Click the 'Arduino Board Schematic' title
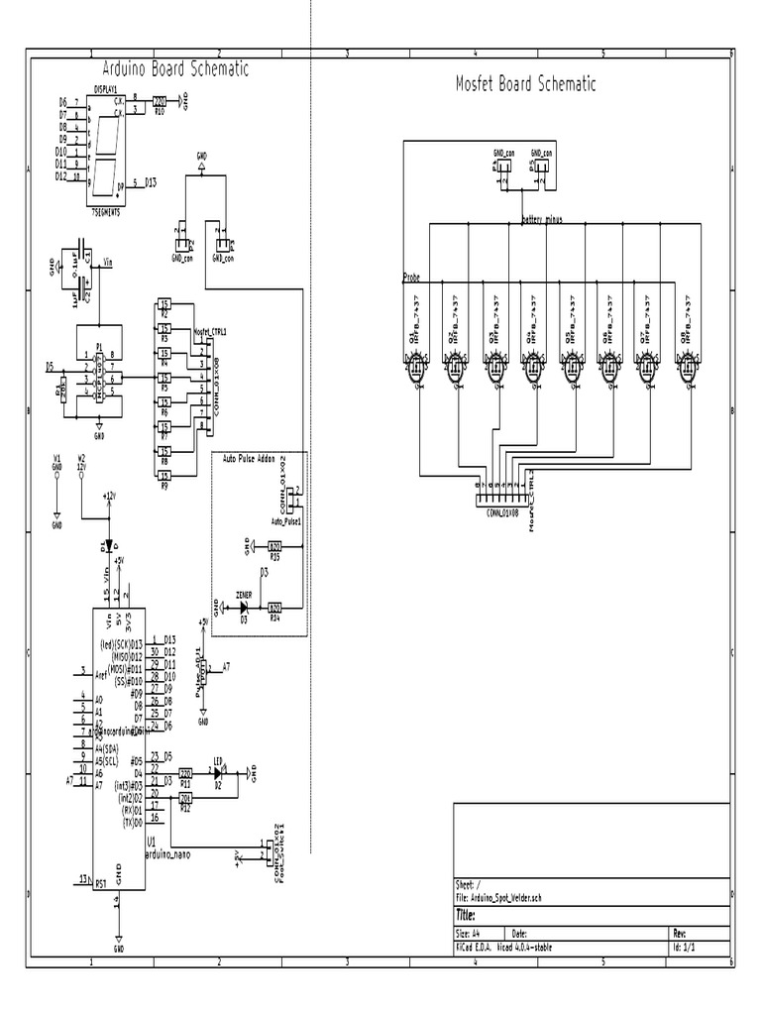coord(175,68)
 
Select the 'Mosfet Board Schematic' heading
coord(525,84)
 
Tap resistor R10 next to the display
coord(159,101)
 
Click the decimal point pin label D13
coord(150,183)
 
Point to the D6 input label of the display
coord(62,102)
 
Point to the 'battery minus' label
coord(541,220)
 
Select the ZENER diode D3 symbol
coord(244,606)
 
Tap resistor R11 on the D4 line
coord(185,772)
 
